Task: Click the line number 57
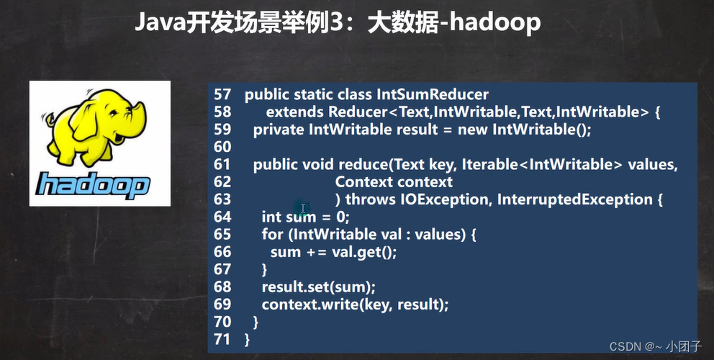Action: point(222,94)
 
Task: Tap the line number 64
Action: point(222,217)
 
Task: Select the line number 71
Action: point(222,338)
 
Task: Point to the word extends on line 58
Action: point(294,112)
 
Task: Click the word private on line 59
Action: point(279,130)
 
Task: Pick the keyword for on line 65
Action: point(272,234)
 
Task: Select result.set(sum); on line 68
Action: point(318,287)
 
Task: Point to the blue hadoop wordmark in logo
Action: point(93,184)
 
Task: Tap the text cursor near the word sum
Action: point(304,210)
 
